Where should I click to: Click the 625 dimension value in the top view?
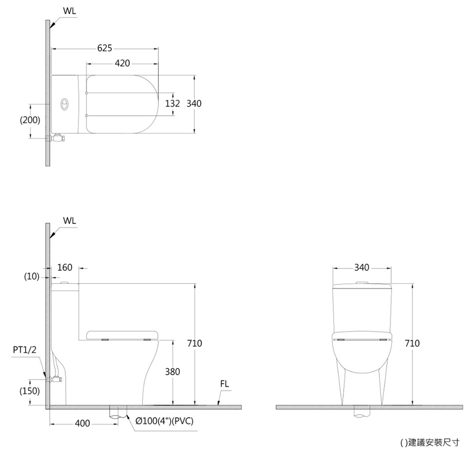pos(105,48)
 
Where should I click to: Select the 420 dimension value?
pos(122,63)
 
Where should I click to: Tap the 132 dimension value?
pos(173,103)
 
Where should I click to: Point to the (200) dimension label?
pos(30,120)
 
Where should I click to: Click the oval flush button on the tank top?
pos(64,104)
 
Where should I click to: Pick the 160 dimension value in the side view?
pos(64,268)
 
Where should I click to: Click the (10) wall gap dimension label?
pos(31,277)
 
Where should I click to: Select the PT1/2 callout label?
pos(25,350)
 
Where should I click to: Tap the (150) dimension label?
pos(29,391)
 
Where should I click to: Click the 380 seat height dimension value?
pos(173,371)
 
